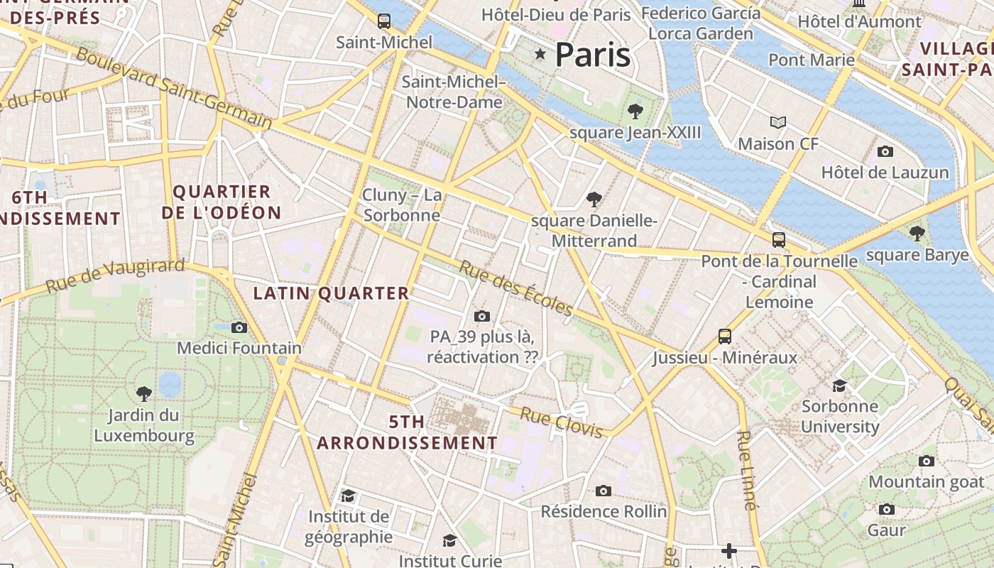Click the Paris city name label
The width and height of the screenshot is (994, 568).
pos(592,55)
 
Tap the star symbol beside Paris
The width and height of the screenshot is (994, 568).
pos(540,54)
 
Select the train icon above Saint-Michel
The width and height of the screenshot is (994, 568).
pos(384,21)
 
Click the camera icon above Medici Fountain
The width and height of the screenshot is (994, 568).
pos(239,327)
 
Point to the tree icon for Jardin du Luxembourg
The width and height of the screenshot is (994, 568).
pos(144,393)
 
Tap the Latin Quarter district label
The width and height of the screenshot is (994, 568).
pos(332,293)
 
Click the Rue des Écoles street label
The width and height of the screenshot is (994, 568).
pos(515,288)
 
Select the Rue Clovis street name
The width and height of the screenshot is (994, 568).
pos(562,422)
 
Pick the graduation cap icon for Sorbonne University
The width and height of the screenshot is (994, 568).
pos(839,386)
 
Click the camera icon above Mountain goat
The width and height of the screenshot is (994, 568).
pos(926,461)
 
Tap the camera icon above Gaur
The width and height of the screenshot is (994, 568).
pos(886,509)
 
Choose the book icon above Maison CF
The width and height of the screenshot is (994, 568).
pos(778,123)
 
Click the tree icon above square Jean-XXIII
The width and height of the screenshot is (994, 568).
pos(635,111)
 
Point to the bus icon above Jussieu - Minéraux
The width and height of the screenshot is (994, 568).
pos(724,336)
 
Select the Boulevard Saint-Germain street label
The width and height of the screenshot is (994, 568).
pos(174,88)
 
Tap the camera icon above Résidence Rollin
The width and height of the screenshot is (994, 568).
pos(603,491)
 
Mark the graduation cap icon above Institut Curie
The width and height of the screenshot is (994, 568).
pos(449,541)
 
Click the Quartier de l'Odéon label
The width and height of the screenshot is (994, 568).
pos(222,202)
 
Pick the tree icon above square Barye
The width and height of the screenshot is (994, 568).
pos(917,233)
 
